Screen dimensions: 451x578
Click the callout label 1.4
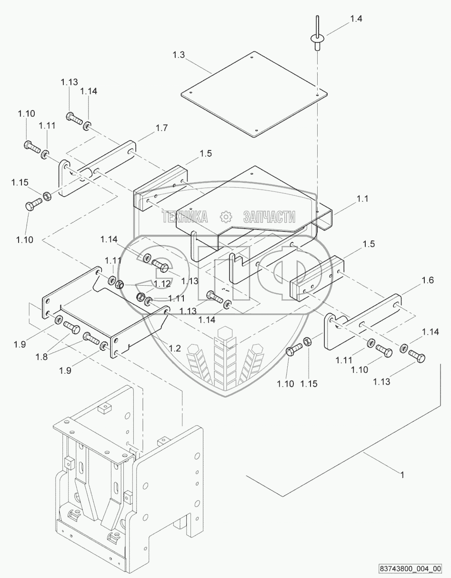(x=356, y=19)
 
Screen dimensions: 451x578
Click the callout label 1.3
(x=179, y=55)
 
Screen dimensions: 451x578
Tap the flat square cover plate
(x=254, y=94)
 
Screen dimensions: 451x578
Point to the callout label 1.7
(x=161, y=128)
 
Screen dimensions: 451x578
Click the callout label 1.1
(x=362, y=199)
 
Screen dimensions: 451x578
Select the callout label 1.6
(x=428, y=280)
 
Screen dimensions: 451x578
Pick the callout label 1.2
(x=175, y=348)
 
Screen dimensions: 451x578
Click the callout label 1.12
(x=162, y=284)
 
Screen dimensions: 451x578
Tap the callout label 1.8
(x=42, y=357)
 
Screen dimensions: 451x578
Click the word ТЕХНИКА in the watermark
(x=185, y=217)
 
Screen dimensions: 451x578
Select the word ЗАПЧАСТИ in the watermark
(x=269, y=217)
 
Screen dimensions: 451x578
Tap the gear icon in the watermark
(x=226, y=217)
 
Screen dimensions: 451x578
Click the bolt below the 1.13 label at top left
(x=74, y=119)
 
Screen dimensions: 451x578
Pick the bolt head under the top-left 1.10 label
(x=28, y=144)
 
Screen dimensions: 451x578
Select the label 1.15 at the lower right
(x=309, y=384)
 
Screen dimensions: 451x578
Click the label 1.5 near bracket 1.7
(x=206, y=153)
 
